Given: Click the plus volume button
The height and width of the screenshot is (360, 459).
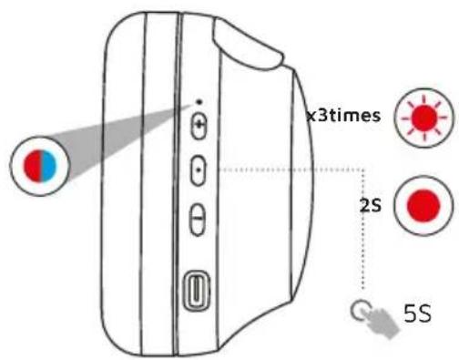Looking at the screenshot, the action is [x=199, y=126].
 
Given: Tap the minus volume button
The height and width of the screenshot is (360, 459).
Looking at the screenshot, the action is [x=198, y=219].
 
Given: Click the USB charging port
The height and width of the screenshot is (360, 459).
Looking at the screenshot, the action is [x=197, y=290].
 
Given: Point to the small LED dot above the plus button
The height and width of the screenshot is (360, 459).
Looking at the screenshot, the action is [x=199, y=102].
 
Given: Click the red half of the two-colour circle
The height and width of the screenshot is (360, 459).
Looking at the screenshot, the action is [x=33, y=166].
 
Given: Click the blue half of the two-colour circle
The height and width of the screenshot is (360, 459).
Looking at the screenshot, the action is [x=49, y=166].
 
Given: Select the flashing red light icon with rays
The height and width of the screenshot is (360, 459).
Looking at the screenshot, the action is [x=424, y=118].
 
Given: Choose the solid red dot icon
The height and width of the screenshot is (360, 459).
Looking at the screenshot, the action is [x=423, y=206].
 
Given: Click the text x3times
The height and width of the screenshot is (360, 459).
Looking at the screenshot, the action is [x=343, y=116].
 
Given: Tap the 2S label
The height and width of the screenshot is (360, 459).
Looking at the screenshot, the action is [x=370, y=207].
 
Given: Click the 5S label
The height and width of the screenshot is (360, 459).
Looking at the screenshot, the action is [x=418, y=314].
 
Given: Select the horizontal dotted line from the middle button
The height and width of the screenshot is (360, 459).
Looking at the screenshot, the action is [x=291, y=170].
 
